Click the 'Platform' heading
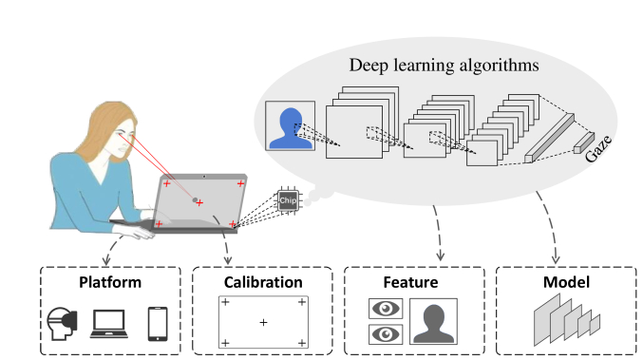tap(109, 282)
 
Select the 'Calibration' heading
tap(263, 282)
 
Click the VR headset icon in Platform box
tap(62, 325)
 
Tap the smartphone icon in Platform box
tap(158, 324)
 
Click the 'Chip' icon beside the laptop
tap(287, 201)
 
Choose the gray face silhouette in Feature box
tap(434, 322)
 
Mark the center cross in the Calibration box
tap(263, 324)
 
